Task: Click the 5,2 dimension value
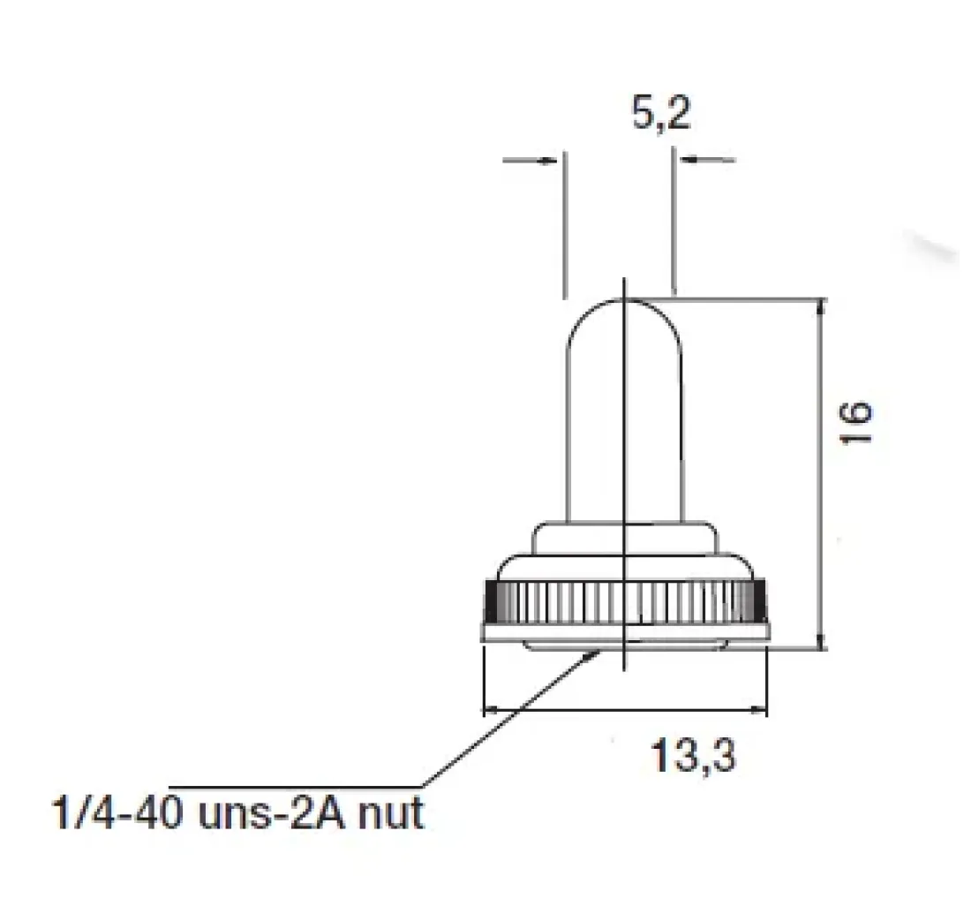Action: coord(661,113)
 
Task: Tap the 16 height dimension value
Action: coord(855,422)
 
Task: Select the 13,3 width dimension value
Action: coord(694,755)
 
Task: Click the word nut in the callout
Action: coord(391,813)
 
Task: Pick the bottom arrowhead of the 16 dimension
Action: coord(822,641)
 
